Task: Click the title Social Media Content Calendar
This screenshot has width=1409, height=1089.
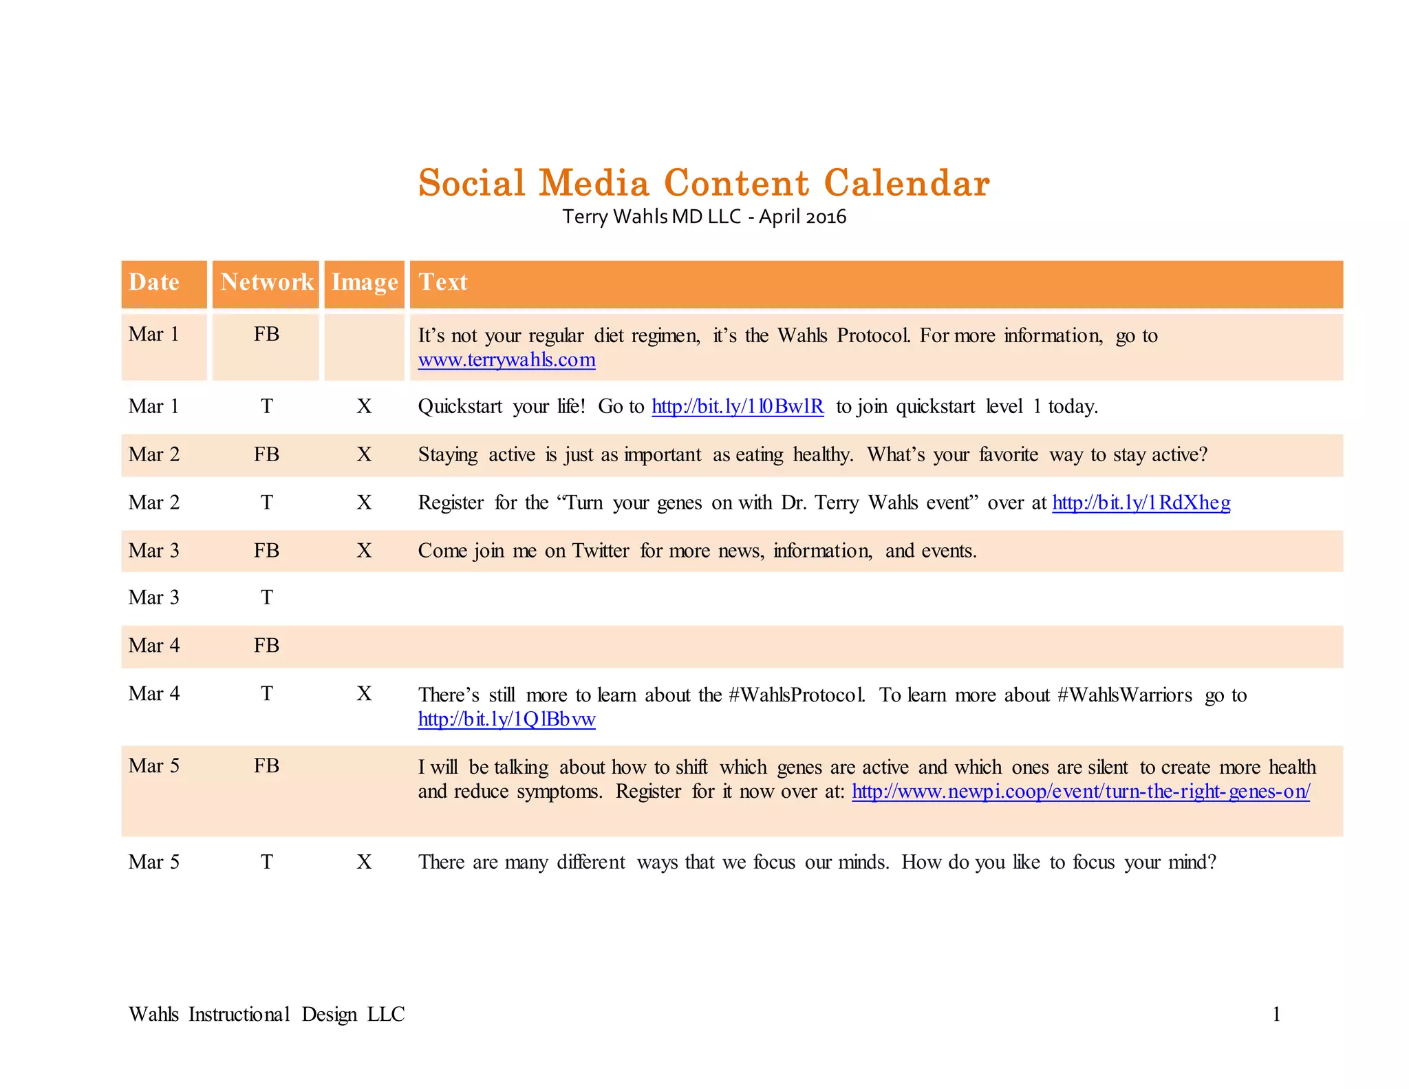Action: (x=704, y=183)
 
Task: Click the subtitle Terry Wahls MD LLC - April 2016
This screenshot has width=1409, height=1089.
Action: (x=704, y=217)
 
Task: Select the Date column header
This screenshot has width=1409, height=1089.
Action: (x=154, y=282)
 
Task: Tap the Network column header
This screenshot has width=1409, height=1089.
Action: (x=267, y=282)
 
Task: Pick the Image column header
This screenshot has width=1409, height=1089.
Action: (x=365, y=282)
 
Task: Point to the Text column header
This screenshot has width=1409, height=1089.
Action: (x=443, y=282)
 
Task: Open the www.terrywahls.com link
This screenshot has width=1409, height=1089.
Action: (x=506, y=360)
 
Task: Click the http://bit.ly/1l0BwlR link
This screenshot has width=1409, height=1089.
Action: (x=738, y=406)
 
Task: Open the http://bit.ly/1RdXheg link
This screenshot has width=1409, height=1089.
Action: (x=1141, y=503)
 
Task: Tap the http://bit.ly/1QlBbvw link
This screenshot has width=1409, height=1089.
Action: (x=506, y=719)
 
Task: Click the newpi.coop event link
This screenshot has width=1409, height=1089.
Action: (x=1080, y=792)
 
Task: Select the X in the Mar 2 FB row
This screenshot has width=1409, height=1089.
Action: (x=364, y=454)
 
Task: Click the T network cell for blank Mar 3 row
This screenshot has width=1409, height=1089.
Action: (x=267, y=598)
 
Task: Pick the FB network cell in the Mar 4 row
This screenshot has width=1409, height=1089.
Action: (x=267, y=646)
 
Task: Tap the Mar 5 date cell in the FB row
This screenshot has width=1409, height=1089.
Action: (x=154, y=766)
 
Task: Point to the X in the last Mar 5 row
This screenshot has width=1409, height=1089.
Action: (x=364, y=862)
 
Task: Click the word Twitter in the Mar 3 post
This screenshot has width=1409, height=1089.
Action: (x=601, y=551)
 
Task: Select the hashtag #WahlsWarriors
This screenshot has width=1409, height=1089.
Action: (x=1124, y=695)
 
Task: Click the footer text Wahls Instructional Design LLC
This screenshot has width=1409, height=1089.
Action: (x=266, y=1014)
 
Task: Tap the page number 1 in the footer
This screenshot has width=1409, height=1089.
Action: (x=1276, y=1014)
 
